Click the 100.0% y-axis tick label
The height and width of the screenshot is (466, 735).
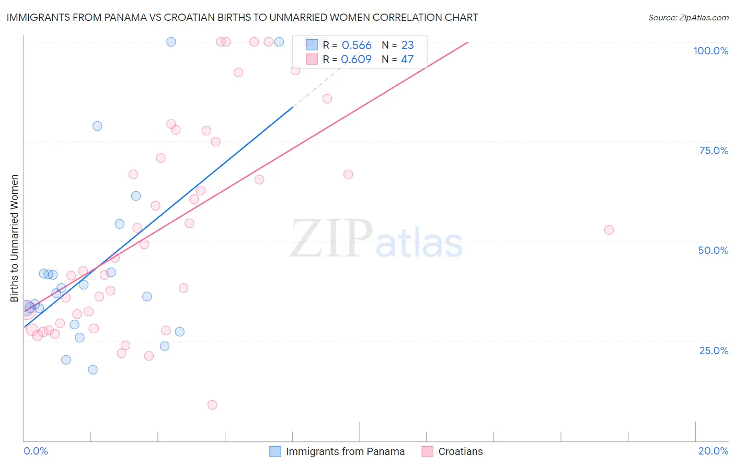[x=710, y=51]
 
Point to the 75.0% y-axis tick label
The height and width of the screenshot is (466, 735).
[x=714, y=150]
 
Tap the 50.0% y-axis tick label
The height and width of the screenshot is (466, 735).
[x=713, y=250]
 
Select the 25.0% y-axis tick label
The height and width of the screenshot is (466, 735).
[x=714, y=351]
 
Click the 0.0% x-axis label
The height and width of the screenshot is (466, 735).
[x=36, y=451]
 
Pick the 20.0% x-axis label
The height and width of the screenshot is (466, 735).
[x=713, y=451]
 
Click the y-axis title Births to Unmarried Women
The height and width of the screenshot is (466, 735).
[x=14, y=238]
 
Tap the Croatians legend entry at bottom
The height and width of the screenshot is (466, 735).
[x=460, y=451]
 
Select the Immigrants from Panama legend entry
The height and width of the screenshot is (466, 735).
[x=345, y=451]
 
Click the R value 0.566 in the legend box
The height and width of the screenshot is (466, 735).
[x=357, y=45]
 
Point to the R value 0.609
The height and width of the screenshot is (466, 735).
[x=356, y=60]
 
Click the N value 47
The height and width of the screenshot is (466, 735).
[x=407, y=60]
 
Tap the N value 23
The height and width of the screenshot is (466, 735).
[x=407, y=45]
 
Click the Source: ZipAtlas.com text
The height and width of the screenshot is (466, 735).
[x=688, y=18]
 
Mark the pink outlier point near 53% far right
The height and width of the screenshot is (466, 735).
[x=608, y=230]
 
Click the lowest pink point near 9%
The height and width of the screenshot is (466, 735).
[x=212, y=405]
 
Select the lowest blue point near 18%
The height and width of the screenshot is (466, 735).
[x=93, y=369]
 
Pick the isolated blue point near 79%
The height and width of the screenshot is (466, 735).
[x=97, y=126]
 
